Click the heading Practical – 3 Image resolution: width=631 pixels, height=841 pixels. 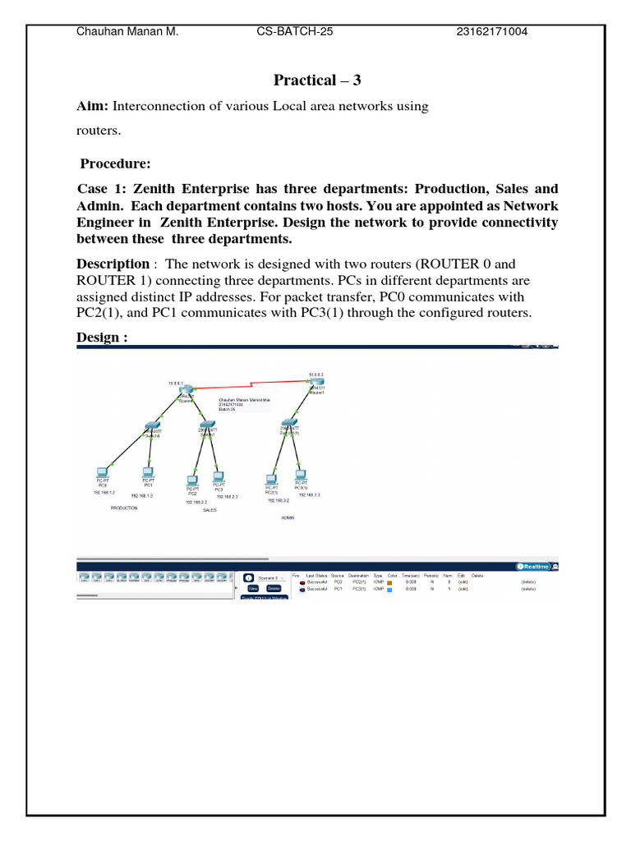(x=316, y=80)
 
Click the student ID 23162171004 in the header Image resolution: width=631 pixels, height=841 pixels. (x=492, y=32)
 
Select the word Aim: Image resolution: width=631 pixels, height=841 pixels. (x=93, y=106)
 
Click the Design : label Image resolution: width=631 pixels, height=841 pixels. (x=103, y=338)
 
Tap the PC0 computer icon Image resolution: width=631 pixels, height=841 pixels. (x=101, y=473)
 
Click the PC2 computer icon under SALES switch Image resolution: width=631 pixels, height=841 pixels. (x=192, y=480)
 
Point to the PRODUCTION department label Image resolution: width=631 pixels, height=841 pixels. (x=124, y=508)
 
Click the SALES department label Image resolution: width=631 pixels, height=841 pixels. (x=210, y=510)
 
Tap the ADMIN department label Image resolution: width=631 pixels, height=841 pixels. (x=288, y=518)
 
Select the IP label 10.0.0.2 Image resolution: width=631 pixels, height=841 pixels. (x=316, y=375)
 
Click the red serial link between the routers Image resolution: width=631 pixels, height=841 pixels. (x=246, y=386)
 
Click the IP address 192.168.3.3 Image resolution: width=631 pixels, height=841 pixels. (x=309, y=495)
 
